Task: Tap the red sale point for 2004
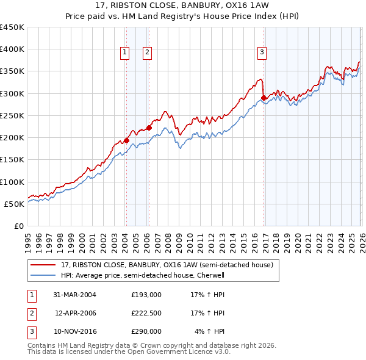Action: [x=127, y=140]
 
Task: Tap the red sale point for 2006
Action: [x=149, y=128]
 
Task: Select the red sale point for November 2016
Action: [x=264, y=98]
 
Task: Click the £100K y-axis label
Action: [x=12, y=182]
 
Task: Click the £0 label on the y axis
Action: [x=18, y=226]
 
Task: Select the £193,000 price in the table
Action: [x=146, y=294]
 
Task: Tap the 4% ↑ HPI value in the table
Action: [x=209, y=331]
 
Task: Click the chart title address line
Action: [x=183, y=6]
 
